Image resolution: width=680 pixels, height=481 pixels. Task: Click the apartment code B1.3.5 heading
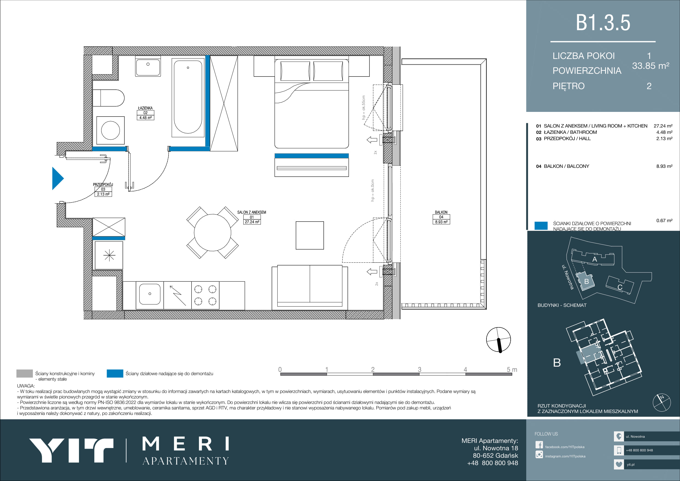tap(603, 22)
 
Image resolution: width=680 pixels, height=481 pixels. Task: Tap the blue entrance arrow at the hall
tap(58, 179)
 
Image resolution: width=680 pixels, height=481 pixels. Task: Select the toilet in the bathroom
tap(108, 98)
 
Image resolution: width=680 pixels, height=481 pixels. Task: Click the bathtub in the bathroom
tap(188, 97)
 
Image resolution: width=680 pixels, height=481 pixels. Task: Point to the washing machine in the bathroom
tap(110, 131)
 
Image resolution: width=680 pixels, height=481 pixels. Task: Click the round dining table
tap(212, 233)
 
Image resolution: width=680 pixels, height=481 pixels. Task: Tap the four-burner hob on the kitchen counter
tap(205, 295)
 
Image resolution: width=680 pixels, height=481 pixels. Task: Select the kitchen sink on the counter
tap(150, 294)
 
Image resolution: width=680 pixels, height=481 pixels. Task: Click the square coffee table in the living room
tap(310, 235)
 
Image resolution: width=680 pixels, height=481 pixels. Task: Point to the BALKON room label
tap(441, 212)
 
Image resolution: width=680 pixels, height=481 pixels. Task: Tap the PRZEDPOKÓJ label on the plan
tap(103, 184)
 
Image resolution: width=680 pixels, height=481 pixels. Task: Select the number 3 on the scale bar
tap(419, 370)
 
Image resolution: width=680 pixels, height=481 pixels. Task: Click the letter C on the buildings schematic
tap(620, 287)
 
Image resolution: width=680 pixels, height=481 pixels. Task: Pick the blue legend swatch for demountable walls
tap(115, 374)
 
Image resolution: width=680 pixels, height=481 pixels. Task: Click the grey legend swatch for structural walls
tap(25, 374)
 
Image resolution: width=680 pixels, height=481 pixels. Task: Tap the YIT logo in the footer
tap(71, 450)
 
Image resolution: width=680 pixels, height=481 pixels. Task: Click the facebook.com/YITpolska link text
tap(565, 447)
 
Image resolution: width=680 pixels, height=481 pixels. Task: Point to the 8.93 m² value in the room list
tap(664, 166)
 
